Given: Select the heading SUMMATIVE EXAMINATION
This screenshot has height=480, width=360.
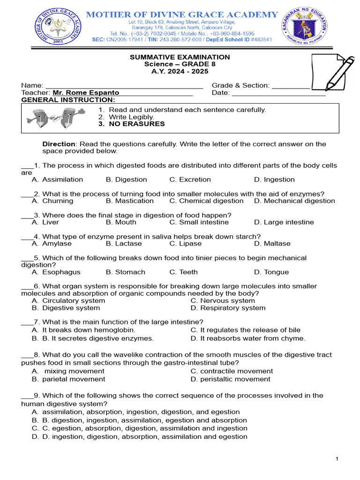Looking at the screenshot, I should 180,57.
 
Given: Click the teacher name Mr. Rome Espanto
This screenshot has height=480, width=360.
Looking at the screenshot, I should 86,93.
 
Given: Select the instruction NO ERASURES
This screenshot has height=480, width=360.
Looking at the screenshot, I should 137,124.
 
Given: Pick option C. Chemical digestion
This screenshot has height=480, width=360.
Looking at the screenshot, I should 206,201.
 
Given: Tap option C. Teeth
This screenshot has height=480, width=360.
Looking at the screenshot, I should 183,272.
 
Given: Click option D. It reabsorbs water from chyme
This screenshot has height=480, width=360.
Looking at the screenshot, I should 247,338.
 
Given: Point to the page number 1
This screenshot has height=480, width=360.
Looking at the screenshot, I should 337,459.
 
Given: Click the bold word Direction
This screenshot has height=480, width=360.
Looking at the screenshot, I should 59,144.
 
